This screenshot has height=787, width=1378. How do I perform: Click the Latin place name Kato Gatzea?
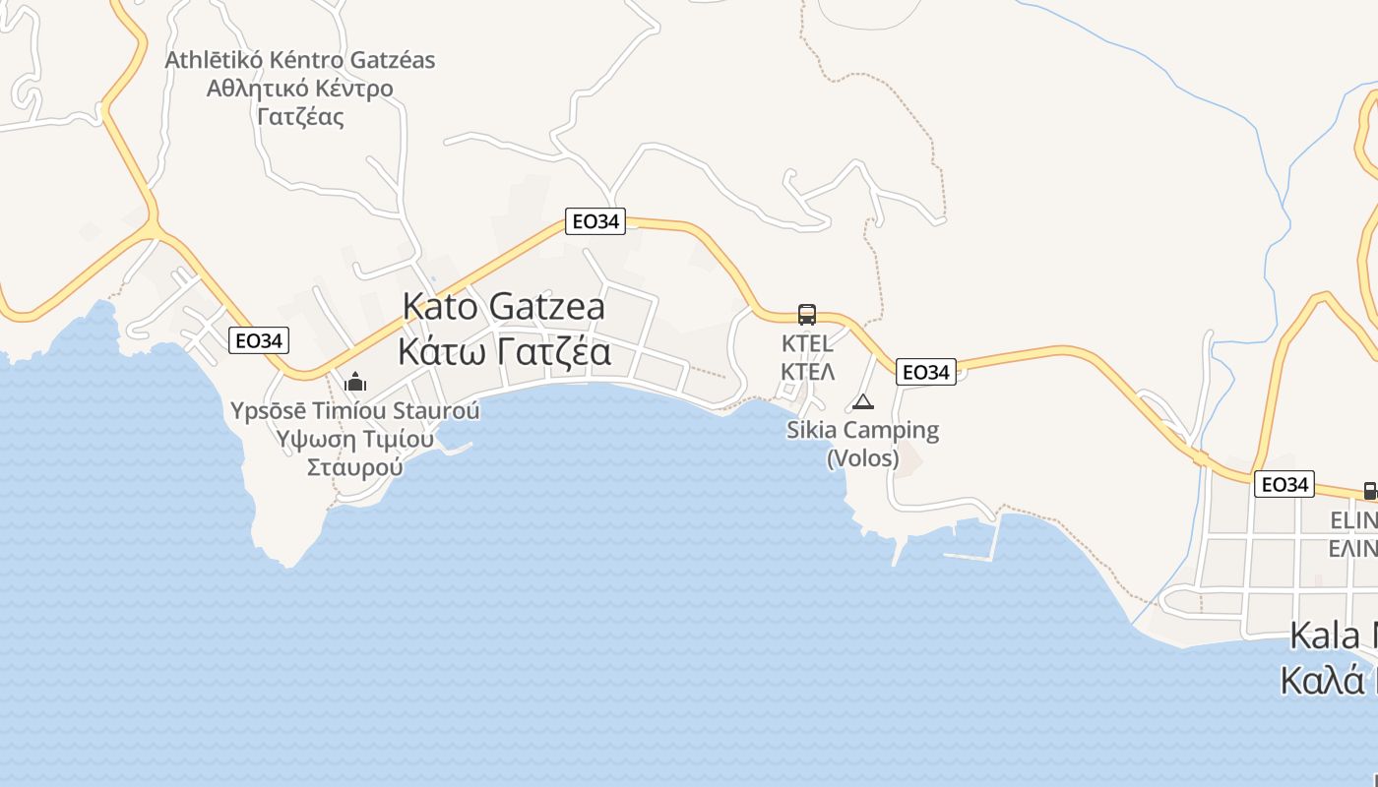pyautogui.click(x=503, y=306)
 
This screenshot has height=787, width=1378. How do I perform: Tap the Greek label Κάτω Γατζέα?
pyautogui.click(x=504, y=351)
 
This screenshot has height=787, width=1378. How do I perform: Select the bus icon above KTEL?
pyautogui.click(x=807, y=315)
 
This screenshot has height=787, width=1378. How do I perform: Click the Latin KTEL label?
pyautogui.click(x=807, y=343)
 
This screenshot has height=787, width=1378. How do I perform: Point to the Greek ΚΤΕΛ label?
pyautogui.click(x=807, y=371)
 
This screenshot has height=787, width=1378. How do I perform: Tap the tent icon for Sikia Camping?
pyautogui.click(x=863, y=401)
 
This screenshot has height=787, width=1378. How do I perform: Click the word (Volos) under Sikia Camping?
pyautogui.click(x=863, y=457)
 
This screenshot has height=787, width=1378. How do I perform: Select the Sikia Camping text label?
pyautogui.click(x=863, y=430)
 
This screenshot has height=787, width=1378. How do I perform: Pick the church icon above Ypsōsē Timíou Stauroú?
pyautogui.click(x=355, y=382)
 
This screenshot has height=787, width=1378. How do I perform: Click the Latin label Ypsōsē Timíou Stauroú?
pyautogui.click(x=354, y=410)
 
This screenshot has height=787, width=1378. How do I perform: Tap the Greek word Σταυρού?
pyautogui.click(x=354, y=466)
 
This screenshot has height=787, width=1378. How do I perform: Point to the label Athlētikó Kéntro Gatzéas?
pyautogui.click(x=299, y=60)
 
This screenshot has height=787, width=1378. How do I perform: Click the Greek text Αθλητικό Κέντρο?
pyautogui.click(x=299, y=89)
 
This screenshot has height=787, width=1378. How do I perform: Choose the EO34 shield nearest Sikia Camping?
pyautogui.click(x=926, y=372)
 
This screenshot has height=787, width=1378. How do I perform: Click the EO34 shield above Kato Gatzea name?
pyautogui.click(x=595, y=221)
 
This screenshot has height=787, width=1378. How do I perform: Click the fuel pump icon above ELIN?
pyautogui.click(x=1369, y=490)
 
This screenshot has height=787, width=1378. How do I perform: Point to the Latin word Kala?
pyautogui.click(x=1325, y=636)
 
